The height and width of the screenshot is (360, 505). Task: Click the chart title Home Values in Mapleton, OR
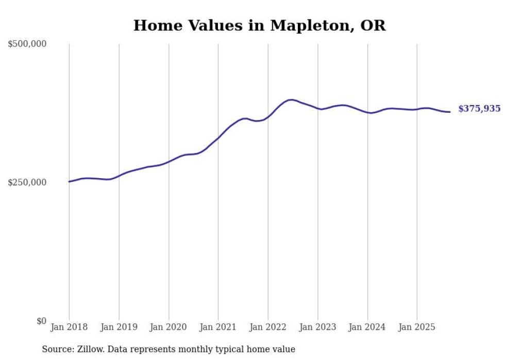click(259, 26)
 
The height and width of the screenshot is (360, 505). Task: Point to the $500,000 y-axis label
click(27, 44)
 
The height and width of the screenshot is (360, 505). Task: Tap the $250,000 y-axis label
click(27, 182)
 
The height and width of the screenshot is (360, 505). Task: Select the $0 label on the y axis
click(41, 321)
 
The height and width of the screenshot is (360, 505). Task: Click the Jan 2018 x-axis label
click(69, 327)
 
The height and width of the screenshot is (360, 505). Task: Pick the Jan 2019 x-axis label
click(119, 327)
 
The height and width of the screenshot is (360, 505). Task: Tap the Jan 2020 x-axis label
click(169, 327)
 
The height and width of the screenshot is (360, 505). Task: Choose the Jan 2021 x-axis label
click(218, 327)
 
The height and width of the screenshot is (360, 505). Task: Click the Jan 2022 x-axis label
click(268, 327)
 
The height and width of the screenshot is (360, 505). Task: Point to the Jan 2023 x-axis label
click(317, 327)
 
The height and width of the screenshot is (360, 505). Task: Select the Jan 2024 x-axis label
click(367, 327)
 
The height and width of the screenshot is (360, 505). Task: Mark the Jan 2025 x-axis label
click(417, 327)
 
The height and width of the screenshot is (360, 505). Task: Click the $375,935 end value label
click(479, 109)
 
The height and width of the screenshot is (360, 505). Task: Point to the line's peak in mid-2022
click(291, 100)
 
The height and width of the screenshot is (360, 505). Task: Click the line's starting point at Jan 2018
click(70, 181)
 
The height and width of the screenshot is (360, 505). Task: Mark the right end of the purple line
click(450, 112)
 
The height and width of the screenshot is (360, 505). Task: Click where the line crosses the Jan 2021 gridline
click(218, 138)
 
